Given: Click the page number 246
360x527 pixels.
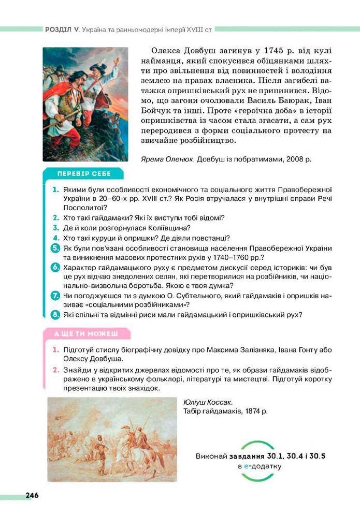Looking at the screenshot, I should click(x=32, y=495).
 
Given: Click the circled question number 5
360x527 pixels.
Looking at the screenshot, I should click(x=55, y=248).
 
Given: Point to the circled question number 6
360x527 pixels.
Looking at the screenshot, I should click(x=55, y=268).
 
